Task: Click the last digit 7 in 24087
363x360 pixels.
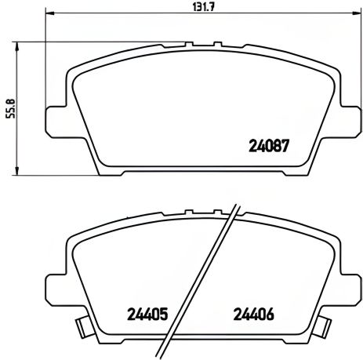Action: click(x=287, y=145)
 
